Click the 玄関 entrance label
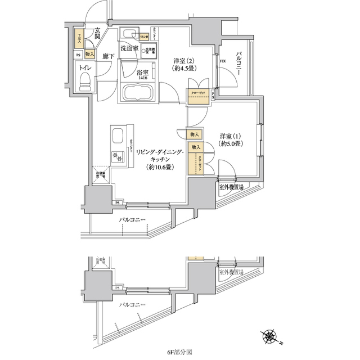pyautogui.click(x=97, y=34)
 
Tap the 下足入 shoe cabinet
pyautogui.click(x=79, y=39)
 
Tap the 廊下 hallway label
pyautogui.click(x=109, y=57)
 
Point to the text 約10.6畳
pyautogui.click(x=160, y=167)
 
